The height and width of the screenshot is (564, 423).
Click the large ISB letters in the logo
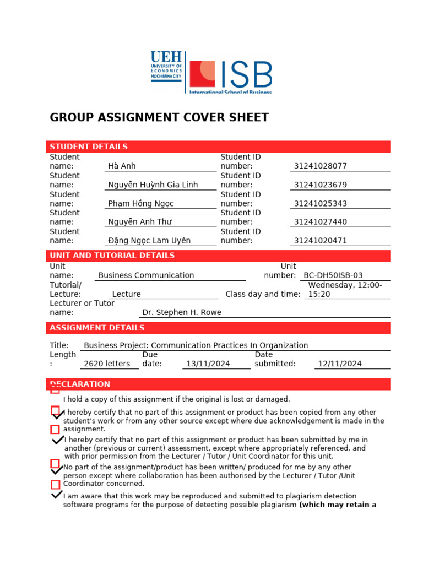pos(246,75)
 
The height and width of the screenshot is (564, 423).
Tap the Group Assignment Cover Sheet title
pos(159,117)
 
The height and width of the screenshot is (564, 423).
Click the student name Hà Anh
pos(122,166)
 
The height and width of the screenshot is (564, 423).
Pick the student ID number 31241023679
pos(321,185)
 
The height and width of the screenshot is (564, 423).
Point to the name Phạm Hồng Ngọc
pos(140,203)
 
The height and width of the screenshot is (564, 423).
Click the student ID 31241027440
pos(321,222)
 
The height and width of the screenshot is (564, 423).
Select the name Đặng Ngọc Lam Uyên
pos(149,241)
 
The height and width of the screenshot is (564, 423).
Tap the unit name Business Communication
pos(146,275)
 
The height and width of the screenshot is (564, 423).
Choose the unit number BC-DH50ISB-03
pos(333,275)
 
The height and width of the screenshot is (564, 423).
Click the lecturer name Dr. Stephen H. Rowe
pos(182,312)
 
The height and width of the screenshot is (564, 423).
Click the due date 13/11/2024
pos(208,364)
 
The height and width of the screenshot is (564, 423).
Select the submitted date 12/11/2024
pos(340,364)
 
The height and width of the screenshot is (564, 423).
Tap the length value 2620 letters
pos(107,364)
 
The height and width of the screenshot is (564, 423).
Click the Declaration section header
pos(80,384)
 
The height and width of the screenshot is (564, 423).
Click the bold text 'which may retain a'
pos(338,505)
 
